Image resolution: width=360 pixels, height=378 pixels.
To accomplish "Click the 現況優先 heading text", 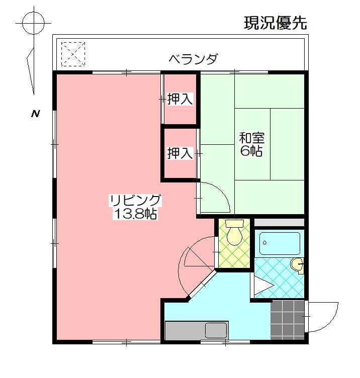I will pos(275,23).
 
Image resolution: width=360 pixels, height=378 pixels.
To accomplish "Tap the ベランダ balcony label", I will pos(193,59).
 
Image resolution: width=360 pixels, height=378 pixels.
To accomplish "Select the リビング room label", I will pos(135,201).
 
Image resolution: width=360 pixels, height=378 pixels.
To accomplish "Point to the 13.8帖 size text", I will pos(135,214).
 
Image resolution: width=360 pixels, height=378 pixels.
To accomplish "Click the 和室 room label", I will pos(251,137).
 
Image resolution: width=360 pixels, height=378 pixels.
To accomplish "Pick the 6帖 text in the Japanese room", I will pos(251,151).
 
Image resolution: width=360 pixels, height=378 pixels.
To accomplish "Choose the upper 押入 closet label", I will pos(179,100).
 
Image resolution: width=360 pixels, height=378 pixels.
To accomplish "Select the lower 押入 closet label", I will pos(179,153).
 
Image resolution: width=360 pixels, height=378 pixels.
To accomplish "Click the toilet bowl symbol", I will pos(234,234).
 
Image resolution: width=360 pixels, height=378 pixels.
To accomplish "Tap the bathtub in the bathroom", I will pos(280,243).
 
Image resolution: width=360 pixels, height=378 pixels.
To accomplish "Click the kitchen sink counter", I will pos(197,331).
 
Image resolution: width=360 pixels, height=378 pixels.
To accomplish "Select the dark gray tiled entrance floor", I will pos(288,320).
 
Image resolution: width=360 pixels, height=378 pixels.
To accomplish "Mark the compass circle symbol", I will pos(34,23).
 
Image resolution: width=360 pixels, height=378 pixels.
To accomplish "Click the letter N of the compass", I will pos(35,114).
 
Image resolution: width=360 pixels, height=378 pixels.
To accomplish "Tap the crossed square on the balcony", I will pos(73,54).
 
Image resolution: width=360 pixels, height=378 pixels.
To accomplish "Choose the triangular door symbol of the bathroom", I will pos(262,287).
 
